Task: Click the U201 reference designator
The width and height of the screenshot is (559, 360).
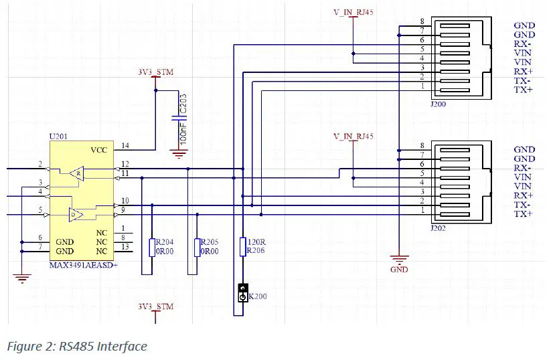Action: pos(59,137)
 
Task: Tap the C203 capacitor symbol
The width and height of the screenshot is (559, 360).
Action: pos(178,119)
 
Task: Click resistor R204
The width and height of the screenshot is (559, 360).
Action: pos(153,247)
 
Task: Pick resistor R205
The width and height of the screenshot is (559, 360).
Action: pos(197,247)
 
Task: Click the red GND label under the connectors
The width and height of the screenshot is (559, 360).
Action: pos(399,270)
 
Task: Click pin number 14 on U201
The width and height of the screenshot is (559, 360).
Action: pos(125,145)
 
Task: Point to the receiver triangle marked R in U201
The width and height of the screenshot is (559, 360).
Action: pos(78,172)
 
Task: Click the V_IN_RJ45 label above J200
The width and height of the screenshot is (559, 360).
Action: pos(353,13)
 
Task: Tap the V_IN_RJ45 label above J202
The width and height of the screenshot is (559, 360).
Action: pos(353,137)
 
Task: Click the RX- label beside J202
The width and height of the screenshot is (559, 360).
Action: pos(524,168)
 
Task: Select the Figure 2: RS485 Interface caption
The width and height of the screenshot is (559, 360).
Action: pos(77,346)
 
